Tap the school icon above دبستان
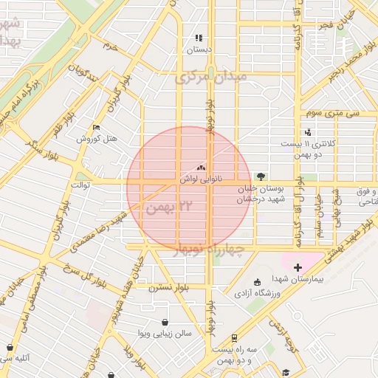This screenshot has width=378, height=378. coord(198,38)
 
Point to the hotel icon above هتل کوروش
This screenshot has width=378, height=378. coord(95,128)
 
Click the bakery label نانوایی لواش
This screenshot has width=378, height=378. coord(201,179)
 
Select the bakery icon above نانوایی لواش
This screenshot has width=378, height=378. coord(201,168)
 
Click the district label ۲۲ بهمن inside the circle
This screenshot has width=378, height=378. coord(174,207)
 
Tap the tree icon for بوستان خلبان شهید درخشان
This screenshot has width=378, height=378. coord(260,176)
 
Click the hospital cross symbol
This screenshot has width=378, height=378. coord(298,267)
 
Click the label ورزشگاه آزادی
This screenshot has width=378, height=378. coord(257,293)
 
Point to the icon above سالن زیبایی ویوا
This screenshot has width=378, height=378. coord(163,323)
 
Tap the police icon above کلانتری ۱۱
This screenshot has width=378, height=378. coord(308,132)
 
